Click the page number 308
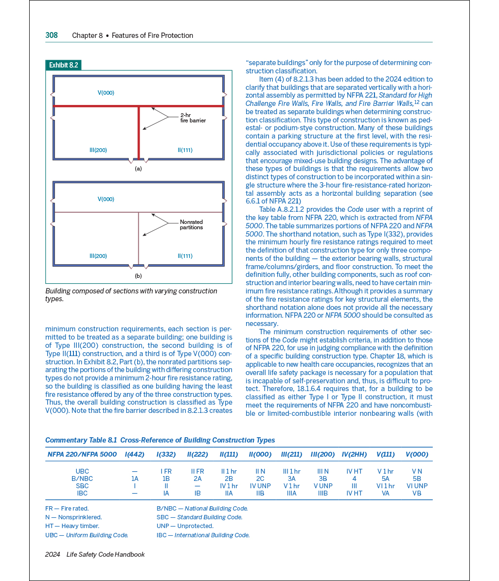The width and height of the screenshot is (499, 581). coord(52,35)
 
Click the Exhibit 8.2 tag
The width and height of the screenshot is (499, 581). coord(63,65)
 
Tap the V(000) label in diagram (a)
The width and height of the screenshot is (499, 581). coord(106,93)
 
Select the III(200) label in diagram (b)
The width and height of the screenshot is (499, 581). coord(98,256)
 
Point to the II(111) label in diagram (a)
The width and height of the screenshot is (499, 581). coord(185,150)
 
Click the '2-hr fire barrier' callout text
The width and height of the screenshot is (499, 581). coord(193,118)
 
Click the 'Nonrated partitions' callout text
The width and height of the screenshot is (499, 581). coord(191,224)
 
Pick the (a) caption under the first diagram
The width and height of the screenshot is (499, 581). coord(138,169)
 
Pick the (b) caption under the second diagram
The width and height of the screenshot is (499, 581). coord(138,276)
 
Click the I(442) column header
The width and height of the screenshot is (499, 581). coord(135,454)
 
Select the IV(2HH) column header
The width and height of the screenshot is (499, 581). coord(354,454)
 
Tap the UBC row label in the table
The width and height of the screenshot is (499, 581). coord(82,471)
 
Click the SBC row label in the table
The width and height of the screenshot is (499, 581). coord(82,486)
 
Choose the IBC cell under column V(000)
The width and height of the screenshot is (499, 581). coord(417,493)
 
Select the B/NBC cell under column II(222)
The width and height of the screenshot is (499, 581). coord(197,478)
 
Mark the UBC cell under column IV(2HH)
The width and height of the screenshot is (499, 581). coord(354,471)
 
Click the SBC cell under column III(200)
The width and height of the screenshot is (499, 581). coord(322,486)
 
